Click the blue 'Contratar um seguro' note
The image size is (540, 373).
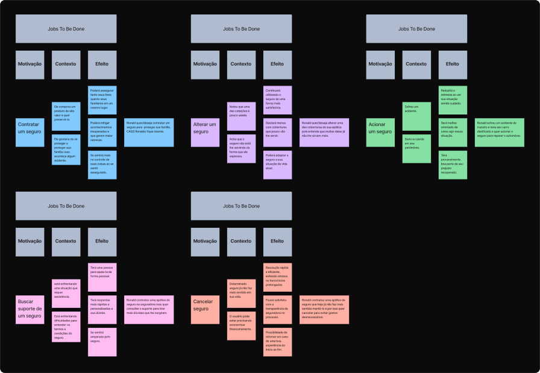point(30,132)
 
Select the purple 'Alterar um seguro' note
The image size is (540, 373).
point(205,132)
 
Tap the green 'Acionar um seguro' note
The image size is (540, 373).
point(380,132)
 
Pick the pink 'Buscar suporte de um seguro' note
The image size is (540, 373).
point(30,310)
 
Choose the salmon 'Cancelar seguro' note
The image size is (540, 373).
point(205,310)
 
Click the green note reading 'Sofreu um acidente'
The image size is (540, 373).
point(416,116)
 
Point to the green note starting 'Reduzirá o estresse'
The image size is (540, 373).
point(453,100)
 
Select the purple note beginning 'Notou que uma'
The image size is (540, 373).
point(241,116)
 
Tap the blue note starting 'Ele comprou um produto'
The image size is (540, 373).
point(66,116)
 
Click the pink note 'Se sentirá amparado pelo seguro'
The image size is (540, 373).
point(102,342)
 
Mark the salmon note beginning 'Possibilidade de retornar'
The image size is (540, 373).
point(277,342)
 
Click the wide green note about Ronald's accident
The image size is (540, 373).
point(500,132)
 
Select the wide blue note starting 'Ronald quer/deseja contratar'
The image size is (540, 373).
point(149,132)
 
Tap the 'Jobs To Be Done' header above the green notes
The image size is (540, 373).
point(416,29)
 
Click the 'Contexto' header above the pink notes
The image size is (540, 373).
point(66,242)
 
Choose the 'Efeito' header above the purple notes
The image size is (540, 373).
point(277,64)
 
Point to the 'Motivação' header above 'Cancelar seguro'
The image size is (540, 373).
point(205,242)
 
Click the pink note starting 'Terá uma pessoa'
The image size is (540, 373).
point(102,277)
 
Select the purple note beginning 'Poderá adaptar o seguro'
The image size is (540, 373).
point(277,165)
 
